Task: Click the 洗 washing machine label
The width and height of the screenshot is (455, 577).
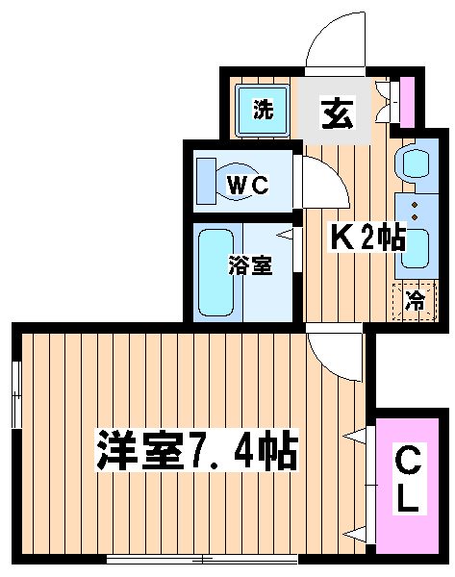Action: pos(264,110)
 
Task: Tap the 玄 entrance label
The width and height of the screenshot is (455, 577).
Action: pos(338,113)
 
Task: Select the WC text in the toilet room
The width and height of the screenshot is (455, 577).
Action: pos(248,185)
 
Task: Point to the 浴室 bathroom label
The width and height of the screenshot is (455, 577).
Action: pos(250,265)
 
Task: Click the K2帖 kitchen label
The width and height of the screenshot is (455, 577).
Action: pos(367,237)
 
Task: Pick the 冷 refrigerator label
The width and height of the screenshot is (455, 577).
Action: pos(416,300)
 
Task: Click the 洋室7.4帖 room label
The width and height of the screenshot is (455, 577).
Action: pos(197,450)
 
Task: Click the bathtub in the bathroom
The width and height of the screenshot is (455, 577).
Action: pos(215,272)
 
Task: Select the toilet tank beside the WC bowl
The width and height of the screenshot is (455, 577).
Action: pos(206,181)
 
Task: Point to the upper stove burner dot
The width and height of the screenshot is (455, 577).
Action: pos(416,205)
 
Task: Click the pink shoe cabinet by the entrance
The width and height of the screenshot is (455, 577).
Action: pos(407,102)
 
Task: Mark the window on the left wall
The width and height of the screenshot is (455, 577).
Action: pos(16,394)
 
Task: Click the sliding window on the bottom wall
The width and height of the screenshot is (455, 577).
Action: pos(202,560)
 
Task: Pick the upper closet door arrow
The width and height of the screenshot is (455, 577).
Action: pos(355,436)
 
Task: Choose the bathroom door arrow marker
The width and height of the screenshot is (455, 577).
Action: pos(285,235)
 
